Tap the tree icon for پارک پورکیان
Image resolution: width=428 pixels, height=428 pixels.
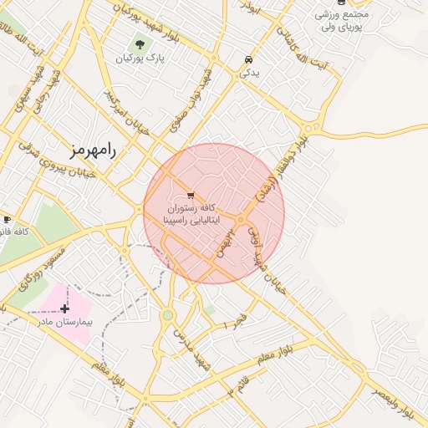140,44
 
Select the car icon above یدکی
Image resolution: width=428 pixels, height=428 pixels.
248,59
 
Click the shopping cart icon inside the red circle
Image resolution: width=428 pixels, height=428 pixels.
193,195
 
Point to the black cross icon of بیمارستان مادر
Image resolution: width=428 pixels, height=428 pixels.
64,308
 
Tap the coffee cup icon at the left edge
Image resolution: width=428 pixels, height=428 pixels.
7,219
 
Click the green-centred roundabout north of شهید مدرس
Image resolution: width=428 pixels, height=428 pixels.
168,314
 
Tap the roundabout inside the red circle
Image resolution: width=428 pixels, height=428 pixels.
240,220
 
